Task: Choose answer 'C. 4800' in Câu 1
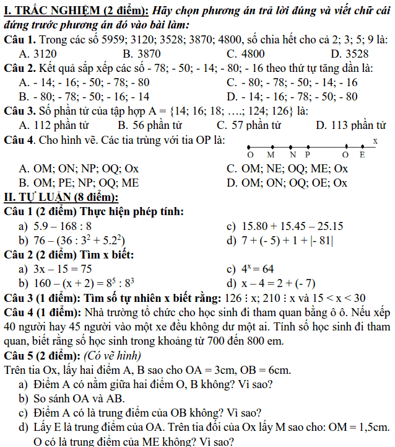point(245,54)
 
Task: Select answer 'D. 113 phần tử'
point(350,125)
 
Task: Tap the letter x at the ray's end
point(375,141)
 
